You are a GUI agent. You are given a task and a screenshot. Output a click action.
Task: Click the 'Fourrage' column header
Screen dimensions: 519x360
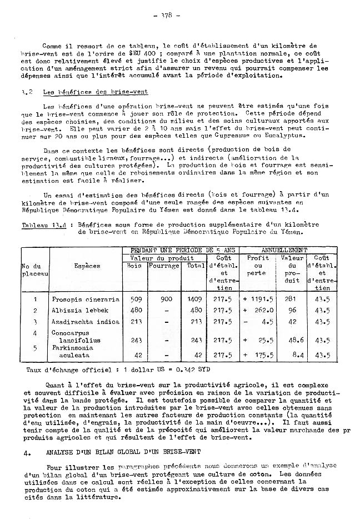click(x=164, y=266)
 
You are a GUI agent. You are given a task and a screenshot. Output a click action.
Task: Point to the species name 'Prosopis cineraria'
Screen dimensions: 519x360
click(x=86, y=299)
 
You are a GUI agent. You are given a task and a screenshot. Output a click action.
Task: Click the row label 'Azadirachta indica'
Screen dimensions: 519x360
click(x=86, y=322)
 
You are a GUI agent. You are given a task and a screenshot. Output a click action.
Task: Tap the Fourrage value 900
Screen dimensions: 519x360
click(x=164, y=299)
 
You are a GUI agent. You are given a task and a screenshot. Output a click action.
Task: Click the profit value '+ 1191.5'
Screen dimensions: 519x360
click(x=257, y=299)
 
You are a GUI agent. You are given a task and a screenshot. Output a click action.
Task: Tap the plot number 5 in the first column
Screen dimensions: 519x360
click(x=35, y=348)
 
